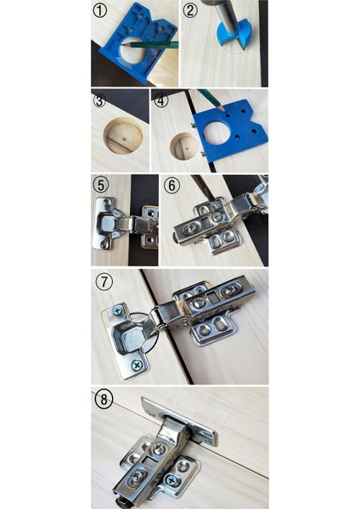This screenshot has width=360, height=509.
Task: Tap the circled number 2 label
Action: (x=190, y=11)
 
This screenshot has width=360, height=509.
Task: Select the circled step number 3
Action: (x=101, y=100)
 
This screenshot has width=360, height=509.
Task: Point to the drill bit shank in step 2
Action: (x=229, y=11)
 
